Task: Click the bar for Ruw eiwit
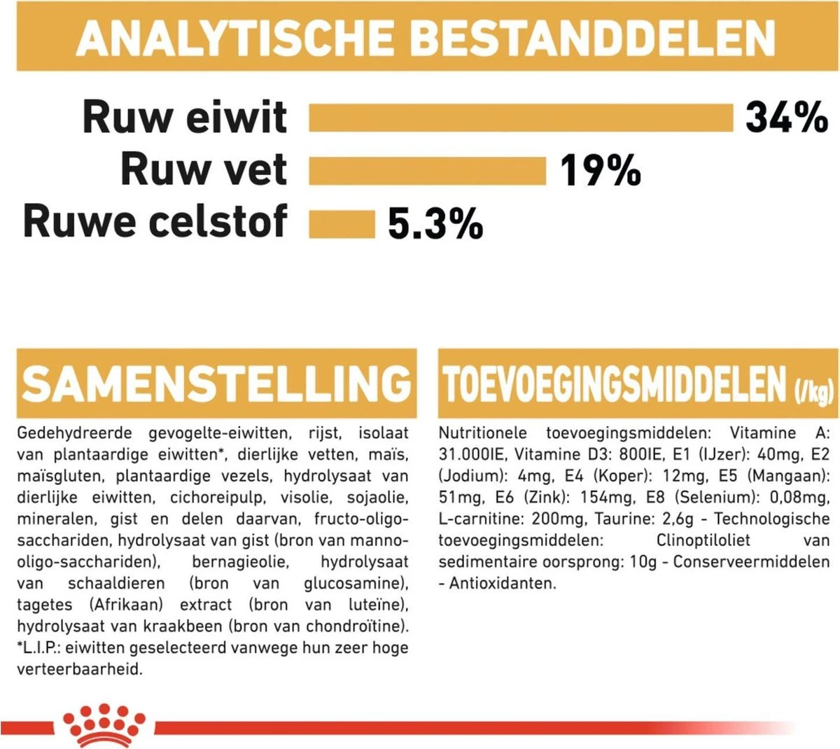[520, 118]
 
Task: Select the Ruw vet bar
[427, 171]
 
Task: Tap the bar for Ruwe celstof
[342, 224]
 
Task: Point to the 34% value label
[786, 117]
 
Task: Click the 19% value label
[600, 171]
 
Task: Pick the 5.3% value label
[435, 224]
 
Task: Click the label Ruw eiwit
[185, 117]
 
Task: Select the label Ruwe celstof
[155, 221]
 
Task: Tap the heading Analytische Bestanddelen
[426, 38]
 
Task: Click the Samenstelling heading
[216, 383]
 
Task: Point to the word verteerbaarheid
[79, 668]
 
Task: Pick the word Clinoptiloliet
[703, 540]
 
